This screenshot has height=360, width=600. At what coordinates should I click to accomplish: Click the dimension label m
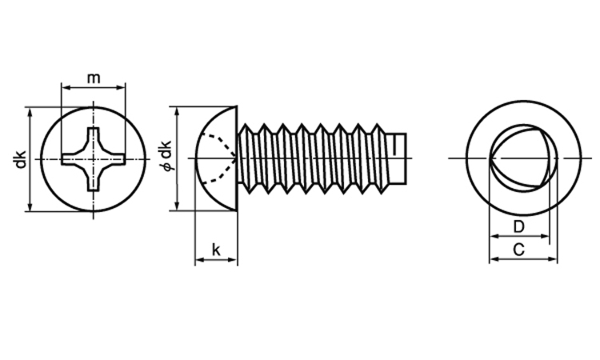click(x=94, y=78)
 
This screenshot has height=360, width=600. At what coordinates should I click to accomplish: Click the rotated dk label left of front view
click(x=20, y=159)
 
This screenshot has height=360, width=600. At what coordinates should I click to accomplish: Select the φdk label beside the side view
click(x=166, y=155)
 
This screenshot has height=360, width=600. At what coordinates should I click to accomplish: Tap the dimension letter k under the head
click(x=216, y=250)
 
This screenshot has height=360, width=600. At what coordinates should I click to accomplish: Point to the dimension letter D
click(x=518, y=226)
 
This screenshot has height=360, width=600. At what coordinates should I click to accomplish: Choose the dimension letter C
click(x=518, y=250)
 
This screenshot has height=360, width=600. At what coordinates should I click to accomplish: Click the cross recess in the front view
click(x=94, y=158)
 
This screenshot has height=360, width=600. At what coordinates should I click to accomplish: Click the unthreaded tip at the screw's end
click(x=396, y=158)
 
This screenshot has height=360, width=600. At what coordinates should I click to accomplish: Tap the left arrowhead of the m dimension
click(x=66, y=88)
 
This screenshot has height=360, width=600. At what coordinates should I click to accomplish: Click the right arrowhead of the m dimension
click(x=121, y=88)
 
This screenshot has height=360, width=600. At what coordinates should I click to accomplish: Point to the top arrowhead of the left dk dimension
click(x=30, y=112)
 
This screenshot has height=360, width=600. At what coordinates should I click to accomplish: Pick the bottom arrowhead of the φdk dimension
click(x=177, y=206)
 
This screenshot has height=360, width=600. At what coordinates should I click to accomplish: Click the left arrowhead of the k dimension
click(x=200, y=260)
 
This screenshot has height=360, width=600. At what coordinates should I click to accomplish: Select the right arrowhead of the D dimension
click(x=545, y=236)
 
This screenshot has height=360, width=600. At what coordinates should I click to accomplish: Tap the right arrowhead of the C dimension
click(x=553, y=259)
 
